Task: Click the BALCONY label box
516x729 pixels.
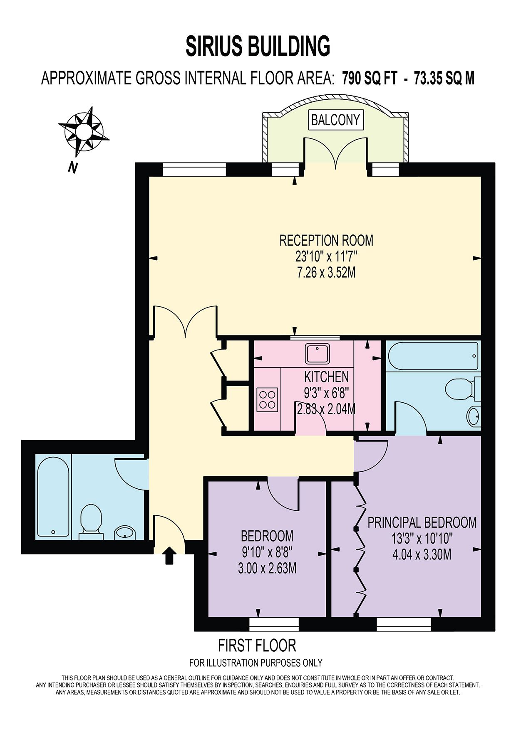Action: tap(335, 120)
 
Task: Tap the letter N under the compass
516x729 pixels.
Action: tap(73, 167)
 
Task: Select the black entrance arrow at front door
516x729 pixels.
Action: tap(169, 555)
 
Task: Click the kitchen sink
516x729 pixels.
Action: tap(318, 353)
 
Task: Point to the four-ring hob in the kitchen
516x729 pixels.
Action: tap(267, 399)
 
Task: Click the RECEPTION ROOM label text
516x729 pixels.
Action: tap(326, 240)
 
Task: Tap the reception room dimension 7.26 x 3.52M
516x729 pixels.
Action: tap(326, 273)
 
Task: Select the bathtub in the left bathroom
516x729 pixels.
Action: tap(53, 496)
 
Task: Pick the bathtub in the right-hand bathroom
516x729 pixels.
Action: tap(433, 356)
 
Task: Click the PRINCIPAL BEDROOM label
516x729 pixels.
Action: tap(422, 522)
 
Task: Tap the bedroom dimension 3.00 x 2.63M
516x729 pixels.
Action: tap(267, 568)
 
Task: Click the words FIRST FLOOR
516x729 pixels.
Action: tap(257, 645)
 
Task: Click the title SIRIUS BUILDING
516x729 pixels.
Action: tap(258, 46)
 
